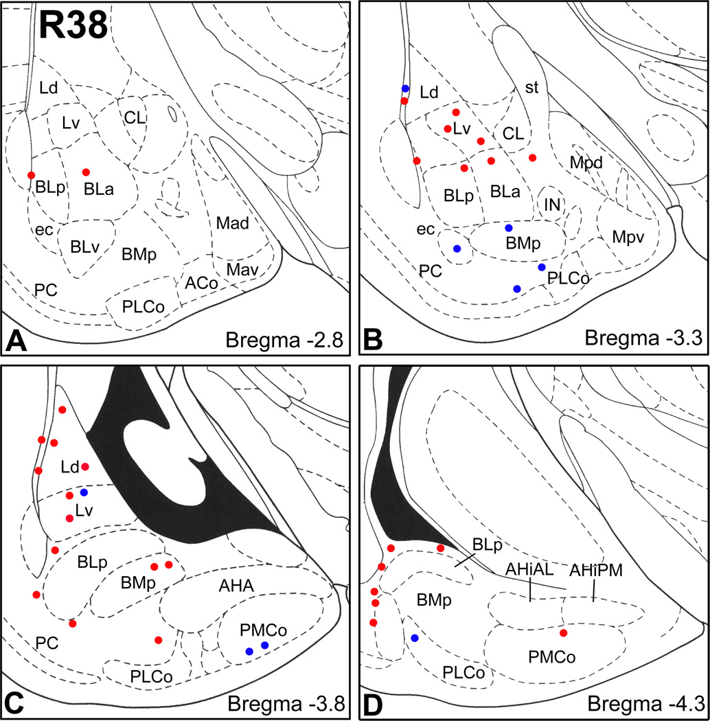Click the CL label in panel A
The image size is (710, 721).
point(135,117)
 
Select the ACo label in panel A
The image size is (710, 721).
point(198,282)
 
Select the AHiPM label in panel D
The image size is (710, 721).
point(595,570)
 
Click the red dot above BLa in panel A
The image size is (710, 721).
point(86,172)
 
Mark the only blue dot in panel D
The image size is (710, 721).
point(414,638)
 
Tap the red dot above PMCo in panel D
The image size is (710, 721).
point(563,632)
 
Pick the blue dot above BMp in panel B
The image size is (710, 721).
point(509,227)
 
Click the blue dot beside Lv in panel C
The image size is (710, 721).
point(84,492)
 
